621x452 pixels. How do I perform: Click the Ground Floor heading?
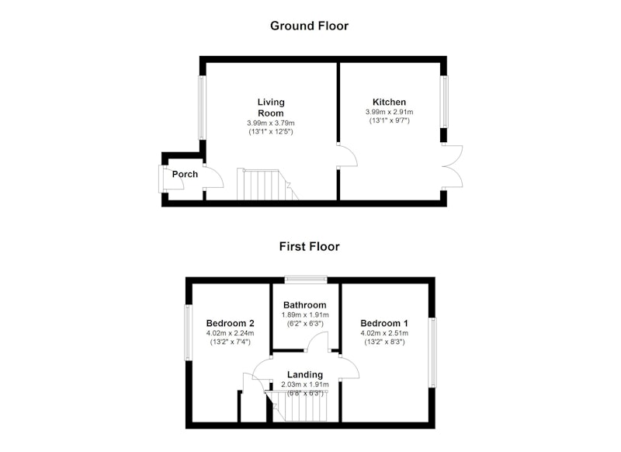pyautogui.click(x=309, y=26)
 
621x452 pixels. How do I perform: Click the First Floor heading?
pyautogui.click(x=309, y=246)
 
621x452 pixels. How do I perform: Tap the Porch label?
pyautogui.click(x=185, y=174)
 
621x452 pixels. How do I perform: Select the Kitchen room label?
pyautogui.click(x=390, y=102)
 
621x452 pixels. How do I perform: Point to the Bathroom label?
pyautogui.click(x=305, y=305)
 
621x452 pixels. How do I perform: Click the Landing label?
pyautogui.click(x=305, y=374)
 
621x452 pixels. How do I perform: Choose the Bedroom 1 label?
pyautogui.click(x=384, y=323)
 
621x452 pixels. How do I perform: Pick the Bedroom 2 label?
pyautogui.click(x=230, y=323)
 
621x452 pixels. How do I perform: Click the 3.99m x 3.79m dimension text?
pyautogui.click(x=271, y=123)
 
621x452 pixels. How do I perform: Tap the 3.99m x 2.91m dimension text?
pyautogui.click(x=390, y=112)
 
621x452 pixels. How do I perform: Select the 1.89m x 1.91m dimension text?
pyautogui.click(x=305, y=315)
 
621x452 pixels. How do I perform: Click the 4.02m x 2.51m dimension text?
pyautogui.click(x=384, y=333)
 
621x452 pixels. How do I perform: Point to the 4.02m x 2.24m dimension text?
pyautogui.click(x=230, y=333)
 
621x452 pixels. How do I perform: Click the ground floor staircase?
pyautogui.click(x=267, y=185)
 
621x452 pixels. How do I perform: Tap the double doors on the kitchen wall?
pyautogui.click(x=453, y=166)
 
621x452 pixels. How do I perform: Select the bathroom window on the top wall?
pyautogui.click(x=306, y=280)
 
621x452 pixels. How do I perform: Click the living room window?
pyautogui.click(x=202, y=107)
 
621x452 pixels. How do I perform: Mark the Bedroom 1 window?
pyautogui.click(x=432, y=353)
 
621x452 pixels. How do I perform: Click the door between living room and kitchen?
pyautogui.click(x=347, y=155)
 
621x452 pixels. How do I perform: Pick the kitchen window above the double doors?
pyautogui.click(x=444, y=102)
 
